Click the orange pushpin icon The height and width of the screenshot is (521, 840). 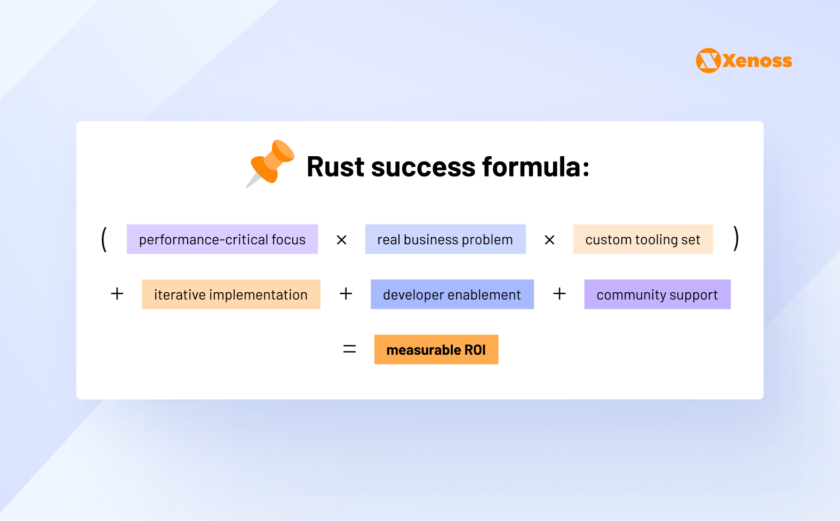pos(271,163)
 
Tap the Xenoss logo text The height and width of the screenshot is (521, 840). pos(757,61)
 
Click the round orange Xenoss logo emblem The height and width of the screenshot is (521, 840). pos(708,61)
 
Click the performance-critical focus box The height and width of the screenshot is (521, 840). pos(222,239)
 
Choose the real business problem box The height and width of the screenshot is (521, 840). pos(445,239)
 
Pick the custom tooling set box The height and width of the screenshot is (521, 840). pos(643,239)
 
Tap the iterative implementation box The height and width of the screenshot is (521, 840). pos(231,294)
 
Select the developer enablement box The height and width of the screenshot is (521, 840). pos(452,294)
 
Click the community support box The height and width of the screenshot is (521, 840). pos(657,294)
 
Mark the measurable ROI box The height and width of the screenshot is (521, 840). pos(436,350)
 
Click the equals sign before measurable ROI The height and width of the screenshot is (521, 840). pos(349,349)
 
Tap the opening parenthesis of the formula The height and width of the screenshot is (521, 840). pos(104,239)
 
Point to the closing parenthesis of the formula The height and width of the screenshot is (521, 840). pos(736,238)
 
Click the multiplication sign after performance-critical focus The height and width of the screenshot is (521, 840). pos(342,241)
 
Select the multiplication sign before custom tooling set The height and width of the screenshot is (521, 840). pos(549,241)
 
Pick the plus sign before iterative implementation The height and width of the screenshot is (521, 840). pos(117,294)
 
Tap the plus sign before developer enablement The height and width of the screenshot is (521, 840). pos(346,294)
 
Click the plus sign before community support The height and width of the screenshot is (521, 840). pos(559,294)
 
